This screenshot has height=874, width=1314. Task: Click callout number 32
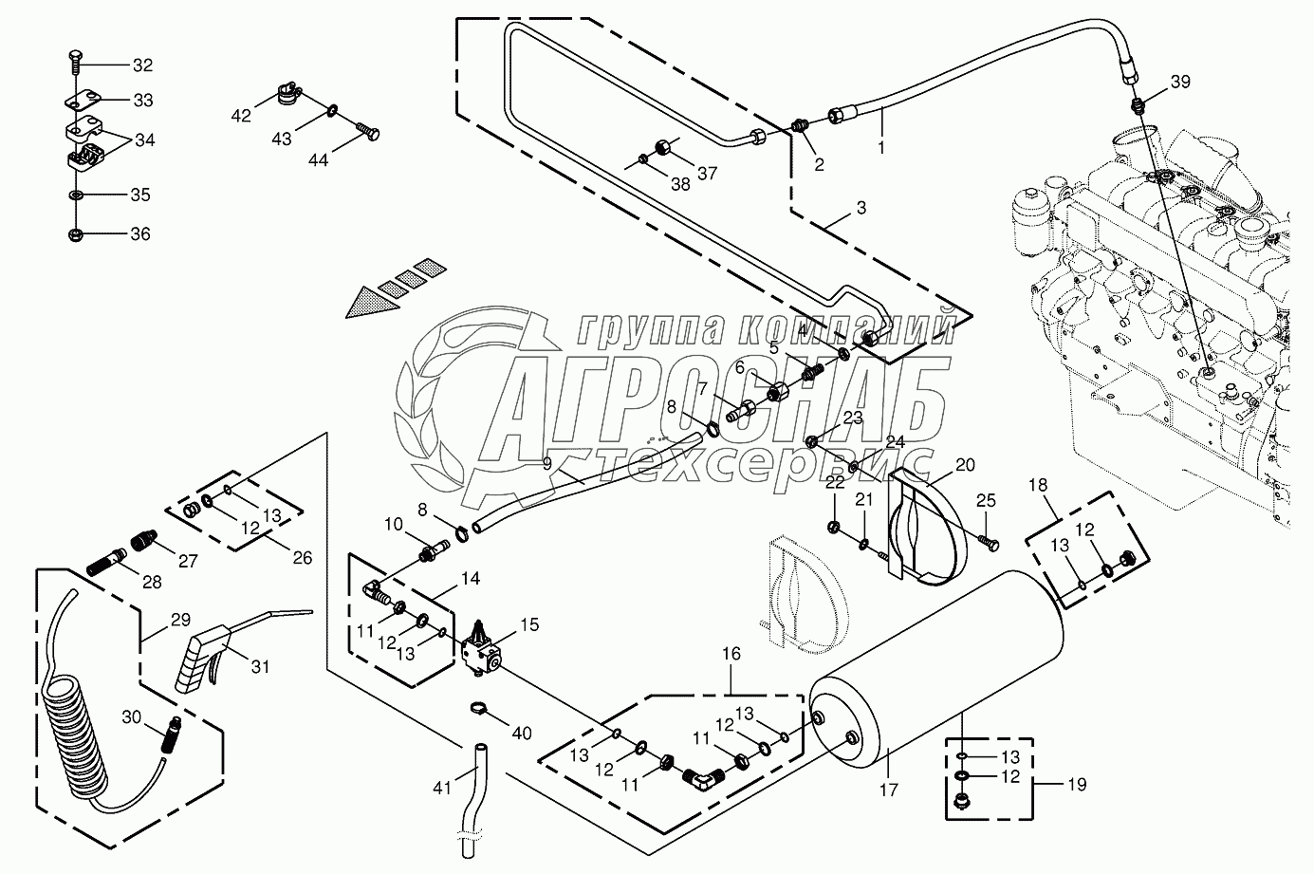(141, 65)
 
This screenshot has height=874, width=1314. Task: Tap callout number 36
(139, 234)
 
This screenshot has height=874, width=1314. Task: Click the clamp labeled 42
(285, 93)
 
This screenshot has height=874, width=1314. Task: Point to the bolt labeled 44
(367, 131)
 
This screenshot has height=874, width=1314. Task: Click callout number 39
(1179, 83)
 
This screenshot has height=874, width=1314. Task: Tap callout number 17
(888, 789)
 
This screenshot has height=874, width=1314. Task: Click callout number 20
(965, 465)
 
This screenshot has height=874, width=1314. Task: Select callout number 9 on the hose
(547, 464)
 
